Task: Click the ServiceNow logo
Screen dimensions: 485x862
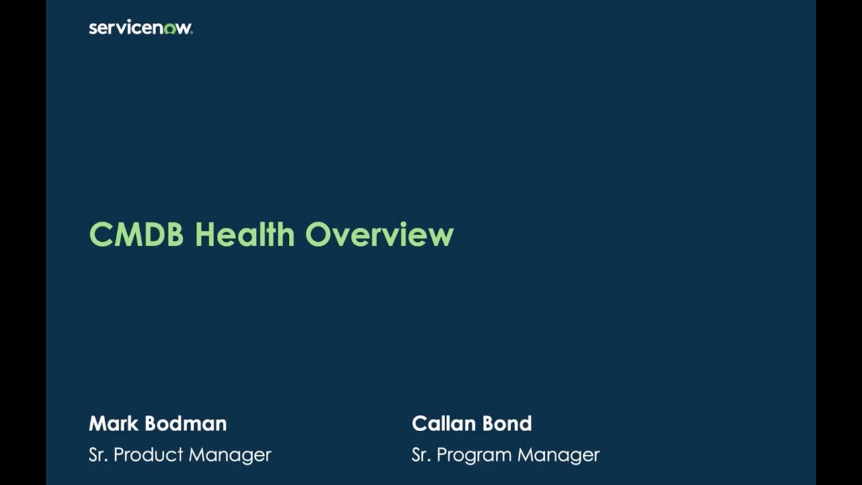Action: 140,28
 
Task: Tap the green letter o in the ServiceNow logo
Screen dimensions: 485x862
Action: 169,29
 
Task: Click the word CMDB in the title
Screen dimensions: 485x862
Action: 136,234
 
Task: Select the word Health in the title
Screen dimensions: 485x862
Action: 244,234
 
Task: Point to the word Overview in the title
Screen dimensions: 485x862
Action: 379,234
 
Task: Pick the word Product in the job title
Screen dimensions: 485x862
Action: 148,455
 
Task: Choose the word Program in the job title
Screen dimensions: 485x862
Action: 473,455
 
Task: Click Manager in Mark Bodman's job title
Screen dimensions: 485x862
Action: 230,455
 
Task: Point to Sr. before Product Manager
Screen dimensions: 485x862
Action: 98,455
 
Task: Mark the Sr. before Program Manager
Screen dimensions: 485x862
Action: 421,455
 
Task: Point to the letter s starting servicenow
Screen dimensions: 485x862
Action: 92,28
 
